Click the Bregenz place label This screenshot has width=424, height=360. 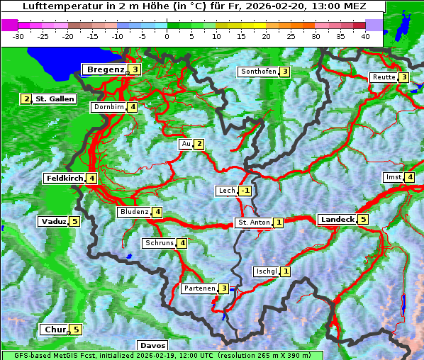click(x=105, y=69)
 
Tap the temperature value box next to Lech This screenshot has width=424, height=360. click(x=245, y=191)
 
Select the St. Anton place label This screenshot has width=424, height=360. click(x=253, y=223)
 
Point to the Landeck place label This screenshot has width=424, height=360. click(x=337, y=220)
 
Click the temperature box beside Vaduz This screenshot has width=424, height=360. click(x=74, y=222)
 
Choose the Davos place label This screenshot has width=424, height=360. click(x=152, y=346)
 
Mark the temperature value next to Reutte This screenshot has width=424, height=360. click(x=403, y=77)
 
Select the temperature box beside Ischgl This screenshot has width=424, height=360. click(x=285, y=271)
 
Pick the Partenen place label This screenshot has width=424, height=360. click(x=199, y=288)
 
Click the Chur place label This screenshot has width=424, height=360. click(x=54, y=330)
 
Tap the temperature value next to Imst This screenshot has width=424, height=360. click(x=410, y=177)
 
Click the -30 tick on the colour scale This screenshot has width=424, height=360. click(x=18, y=35)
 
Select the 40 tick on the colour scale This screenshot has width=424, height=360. click(x=365, y=35)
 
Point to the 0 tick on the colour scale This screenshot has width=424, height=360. click(x=167, y=35)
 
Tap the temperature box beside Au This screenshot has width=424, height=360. click(x=199, y=145)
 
